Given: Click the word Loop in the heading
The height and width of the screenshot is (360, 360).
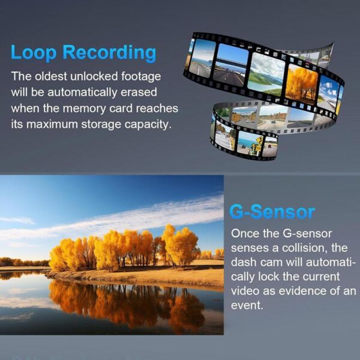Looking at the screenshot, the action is (x=34, y=53).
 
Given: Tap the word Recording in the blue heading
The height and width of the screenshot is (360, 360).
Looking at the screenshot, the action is (x=109, y=53).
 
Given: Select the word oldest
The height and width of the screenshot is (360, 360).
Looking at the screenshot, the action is (x=51, y=76).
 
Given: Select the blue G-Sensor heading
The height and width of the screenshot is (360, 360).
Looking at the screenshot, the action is (x=272, y=212).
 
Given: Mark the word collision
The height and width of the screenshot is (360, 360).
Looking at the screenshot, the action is (x=305, y=248).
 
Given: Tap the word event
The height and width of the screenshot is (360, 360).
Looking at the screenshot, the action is (x=247, y=305).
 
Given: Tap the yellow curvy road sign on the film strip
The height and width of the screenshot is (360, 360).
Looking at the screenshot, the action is (x=259, y=140).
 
